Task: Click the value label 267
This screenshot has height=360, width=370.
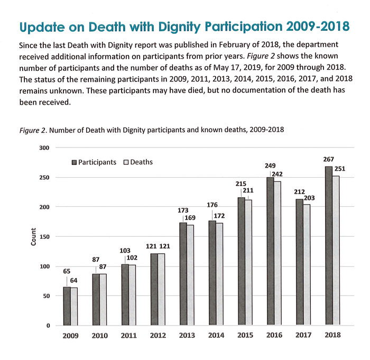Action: coord(328,159)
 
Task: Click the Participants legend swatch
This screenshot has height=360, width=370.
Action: coord(75,162)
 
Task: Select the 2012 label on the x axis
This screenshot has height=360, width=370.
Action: coord(158,335)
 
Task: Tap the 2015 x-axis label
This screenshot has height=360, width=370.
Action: coord(245,335)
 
